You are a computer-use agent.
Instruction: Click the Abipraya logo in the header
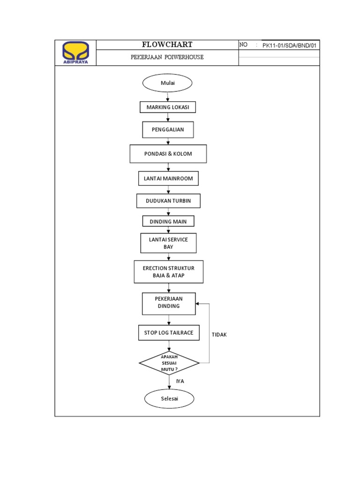(75, 52)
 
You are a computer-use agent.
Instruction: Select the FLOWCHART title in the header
(167, 45)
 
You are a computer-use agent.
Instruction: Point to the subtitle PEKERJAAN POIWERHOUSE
(167, 57)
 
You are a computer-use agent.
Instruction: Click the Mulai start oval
(167, 83)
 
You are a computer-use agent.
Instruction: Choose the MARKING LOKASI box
(167, 107)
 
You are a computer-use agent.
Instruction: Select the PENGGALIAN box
(168, 130)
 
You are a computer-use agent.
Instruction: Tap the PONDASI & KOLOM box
(168, 154)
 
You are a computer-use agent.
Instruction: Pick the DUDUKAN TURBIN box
(168, 201)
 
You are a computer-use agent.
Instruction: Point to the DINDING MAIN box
(168, 221)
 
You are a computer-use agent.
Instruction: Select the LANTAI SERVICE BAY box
(168, 243)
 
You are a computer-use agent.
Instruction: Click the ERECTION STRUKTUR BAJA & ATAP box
(168, 272)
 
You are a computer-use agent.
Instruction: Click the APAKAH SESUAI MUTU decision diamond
(169, 363)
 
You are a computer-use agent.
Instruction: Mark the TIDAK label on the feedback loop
(219, 335)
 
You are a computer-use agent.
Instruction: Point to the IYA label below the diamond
(180, 381)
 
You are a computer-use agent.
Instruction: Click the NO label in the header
(243, 45)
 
